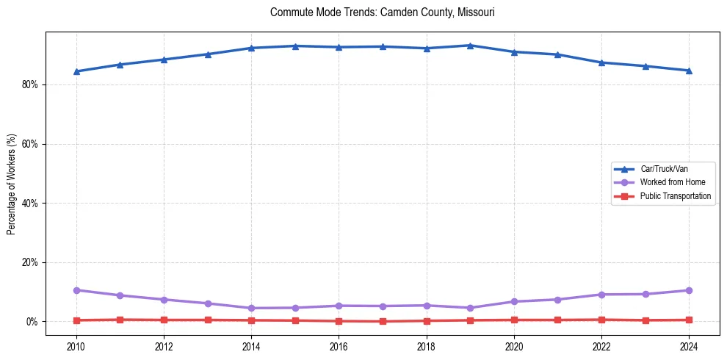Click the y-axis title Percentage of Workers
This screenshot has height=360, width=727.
12,184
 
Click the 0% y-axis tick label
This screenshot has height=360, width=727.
32,322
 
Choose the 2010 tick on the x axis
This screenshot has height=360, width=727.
76,345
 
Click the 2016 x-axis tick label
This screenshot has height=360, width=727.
339,345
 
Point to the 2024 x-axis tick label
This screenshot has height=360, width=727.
689,345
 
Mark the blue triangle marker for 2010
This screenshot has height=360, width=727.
76,71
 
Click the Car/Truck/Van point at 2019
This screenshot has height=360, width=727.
470,46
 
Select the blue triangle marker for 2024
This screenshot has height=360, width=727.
689,71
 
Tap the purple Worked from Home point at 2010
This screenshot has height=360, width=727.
76,290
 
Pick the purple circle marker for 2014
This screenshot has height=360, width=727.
251,308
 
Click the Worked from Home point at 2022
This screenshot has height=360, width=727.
601,295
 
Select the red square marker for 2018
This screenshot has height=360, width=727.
427,320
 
